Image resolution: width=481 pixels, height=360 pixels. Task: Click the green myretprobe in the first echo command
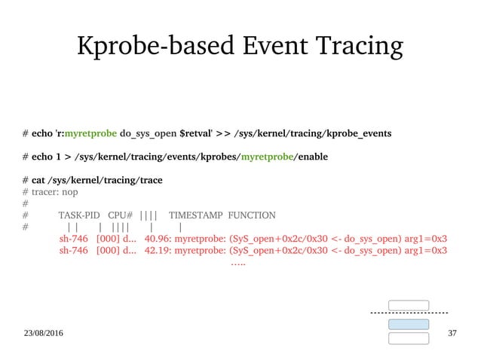coord(90,133)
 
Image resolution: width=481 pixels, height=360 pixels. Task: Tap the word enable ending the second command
coord(311,157)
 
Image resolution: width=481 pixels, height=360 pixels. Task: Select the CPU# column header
coord(121,215)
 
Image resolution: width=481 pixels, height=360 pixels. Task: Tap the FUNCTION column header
coord(251,215)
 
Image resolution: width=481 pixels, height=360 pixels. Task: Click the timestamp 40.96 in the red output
coord(156,239)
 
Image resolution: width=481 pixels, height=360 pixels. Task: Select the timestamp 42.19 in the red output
coord(156,251)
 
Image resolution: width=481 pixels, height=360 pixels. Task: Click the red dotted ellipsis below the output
coord(237,264)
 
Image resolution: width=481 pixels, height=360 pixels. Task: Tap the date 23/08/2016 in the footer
coord(43,333)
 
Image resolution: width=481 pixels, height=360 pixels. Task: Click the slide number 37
coord(452,333)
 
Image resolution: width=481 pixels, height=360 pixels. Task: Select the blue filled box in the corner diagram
coord(408,324)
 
